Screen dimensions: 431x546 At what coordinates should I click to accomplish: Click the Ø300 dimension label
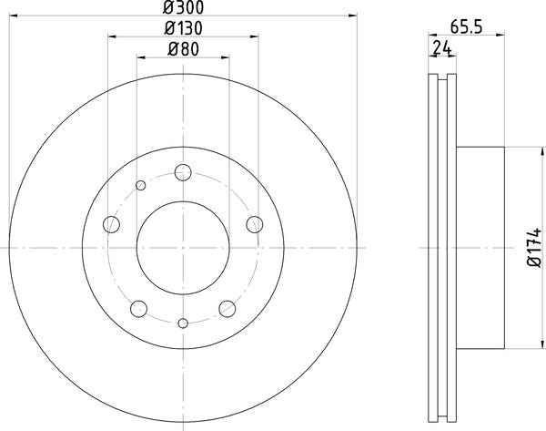click(183, 8)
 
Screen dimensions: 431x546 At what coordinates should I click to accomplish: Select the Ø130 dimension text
click(183, 28)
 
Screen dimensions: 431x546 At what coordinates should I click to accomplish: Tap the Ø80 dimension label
click(183, 49)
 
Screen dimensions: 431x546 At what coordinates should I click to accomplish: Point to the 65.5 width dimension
click(465, 27)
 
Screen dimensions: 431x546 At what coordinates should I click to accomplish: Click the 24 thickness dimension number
click(443, 47)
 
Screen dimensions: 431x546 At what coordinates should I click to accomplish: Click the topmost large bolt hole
click(183, 170)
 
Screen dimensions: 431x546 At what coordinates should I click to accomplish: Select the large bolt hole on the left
click(112, 223)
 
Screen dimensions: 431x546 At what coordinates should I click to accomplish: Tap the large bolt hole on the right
click(254, 223)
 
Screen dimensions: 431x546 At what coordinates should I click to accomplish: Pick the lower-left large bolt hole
click(139, 307)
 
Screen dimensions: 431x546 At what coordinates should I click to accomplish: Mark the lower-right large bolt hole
click(227, 307)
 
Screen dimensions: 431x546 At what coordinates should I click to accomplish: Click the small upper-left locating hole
click(140, 186)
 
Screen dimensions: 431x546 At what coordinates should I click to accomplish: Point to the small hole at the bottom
click(183, 323)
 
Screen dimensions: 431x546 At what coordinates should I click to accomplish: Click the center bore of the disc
click(183, 246)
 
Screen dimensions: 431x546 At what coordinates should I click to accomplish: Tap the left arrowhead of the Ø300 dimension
click(13, 17)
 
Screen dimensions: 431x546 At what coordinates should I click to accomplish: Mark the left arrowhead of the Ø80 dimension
click(142, 58)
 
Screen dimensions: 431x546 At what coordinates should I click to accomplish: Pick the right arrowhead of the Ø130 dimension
click(254, 37)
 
